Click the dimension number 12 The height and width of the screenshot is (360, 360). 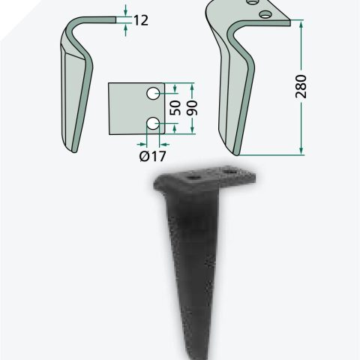[x=141, y=20]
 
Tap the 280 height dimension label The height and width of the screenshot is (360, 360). [x=301, y=86]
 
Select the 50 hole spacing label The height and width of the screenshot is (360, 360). [x=175, y=108]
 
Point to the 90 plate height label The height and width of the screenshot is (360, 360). [x=192, y=108]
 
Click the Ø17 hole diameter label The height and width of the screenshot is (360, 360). [x=152, y=157]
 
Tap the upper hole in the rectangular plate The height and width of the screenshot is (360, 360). [x=153, y=94]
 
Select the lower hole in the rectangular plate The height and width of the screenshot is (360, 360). [x=153, y=123]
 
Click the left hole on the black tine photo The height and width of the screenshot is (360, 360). [x=193, y=178]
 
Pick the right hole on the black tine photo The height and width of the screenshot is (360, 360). [x=230, y=172]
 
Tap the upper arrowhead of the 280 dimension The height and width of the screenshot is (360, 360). [x=301, y=24]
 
